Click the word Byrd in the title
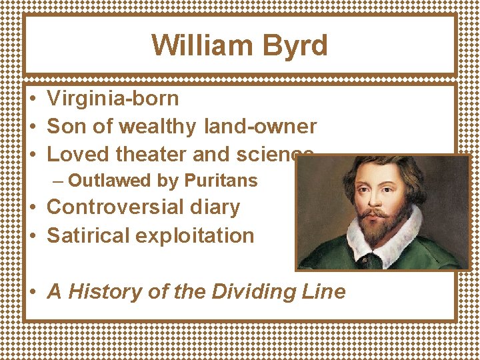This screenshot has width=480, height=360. click(x=295, y=46)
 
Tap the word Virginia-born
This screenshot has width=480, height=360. click(x=113, y=99)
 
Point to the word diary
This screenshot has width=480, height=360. click(x=215, y=207)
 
